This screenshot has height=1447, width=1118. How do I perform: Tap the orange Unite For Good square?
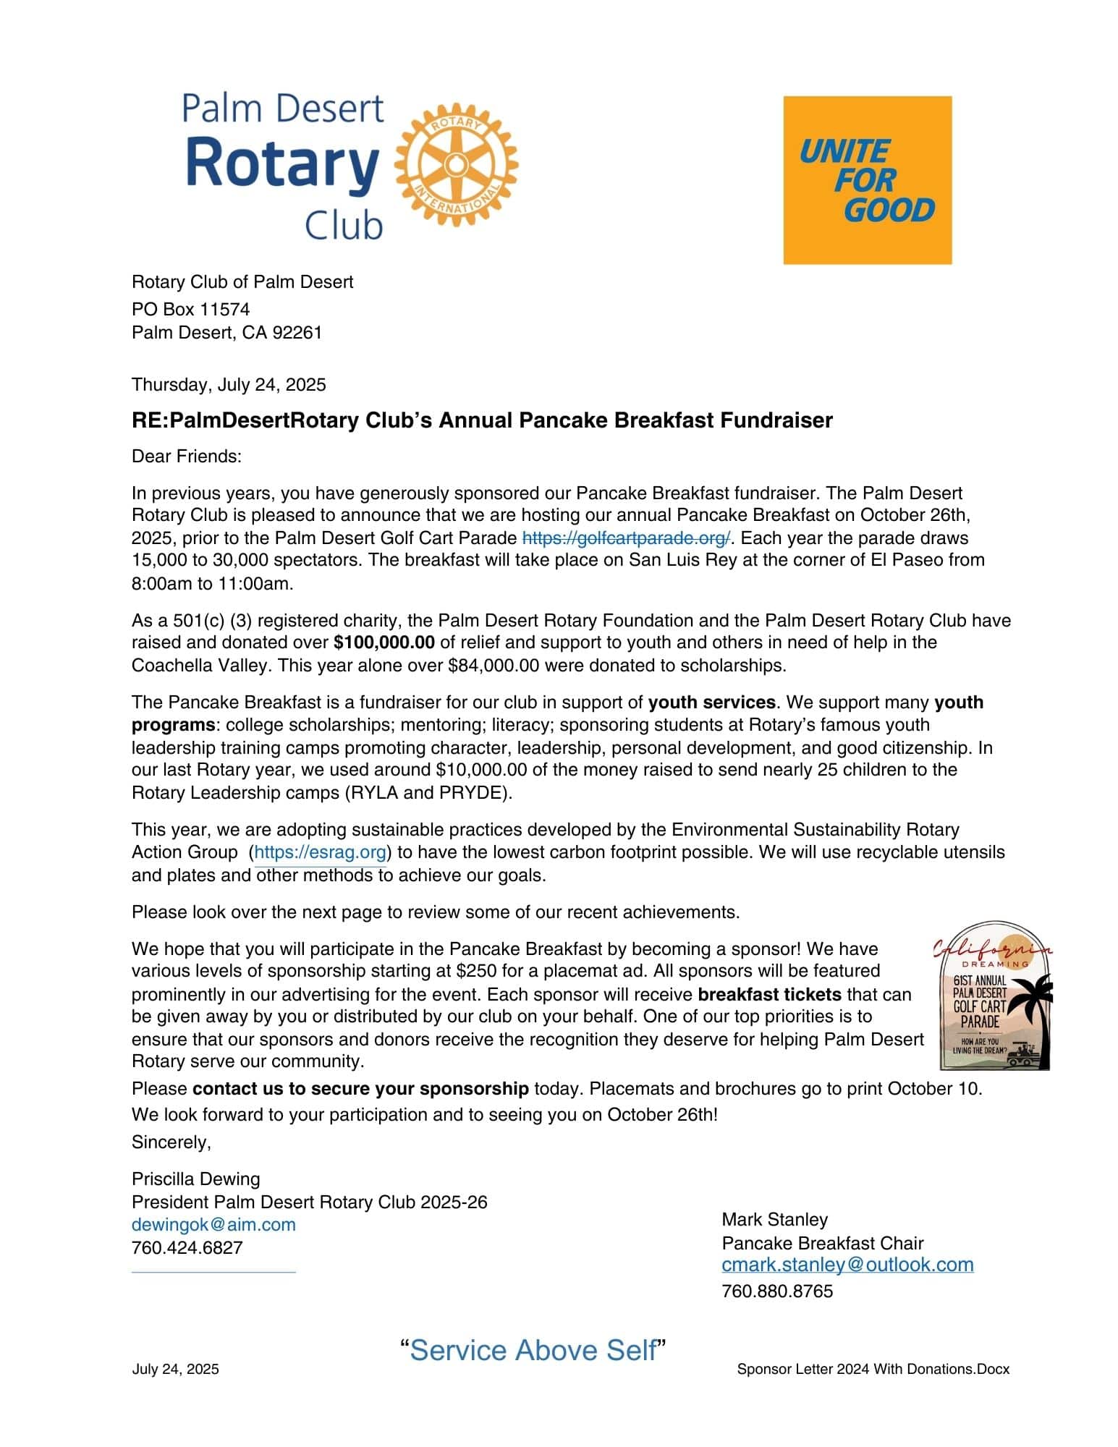coord(867,180)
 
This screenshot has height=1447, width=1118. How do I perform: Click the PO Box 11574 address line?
coord(190,310)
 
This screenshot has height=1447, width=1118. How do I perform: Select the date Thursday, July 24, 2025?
coord(229,384)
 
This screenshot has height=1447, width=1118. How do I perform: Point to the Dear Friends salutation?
coord(186,457)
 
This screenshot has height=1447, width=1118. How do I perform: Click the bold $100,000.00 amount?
coord(384,642)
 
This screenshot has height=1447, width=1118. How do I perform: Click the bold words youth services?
coord(711,703)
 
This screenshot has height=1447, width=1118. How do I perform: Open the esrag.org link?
coord(321,852)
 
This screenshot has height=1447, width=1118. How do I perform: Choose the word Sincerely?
coord(171,1142)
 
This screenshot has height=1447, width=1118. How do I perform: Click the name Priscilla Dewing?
coord(195,1179)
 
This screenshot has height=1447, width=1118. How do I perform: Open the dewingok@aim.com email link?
coord(213,1225)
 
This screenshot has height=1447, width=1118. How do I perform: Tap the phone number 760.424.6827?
coord(187,1248)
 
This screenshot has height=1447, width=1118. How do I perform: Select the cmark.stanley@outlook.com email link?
coord(847,1265)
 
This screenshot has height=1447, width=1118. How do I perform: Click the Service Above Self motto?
coord(533,1351)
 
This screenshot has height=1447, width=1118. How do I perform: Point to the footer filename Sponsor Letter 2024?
coord(873,1369)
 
